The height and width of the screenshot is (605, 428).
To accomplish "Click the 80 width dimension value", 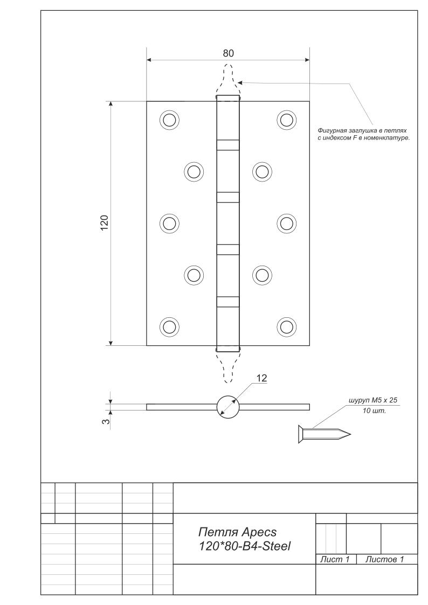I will [x=228, y=53].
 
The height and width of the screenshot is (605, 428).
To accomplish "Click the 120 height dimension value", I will [x=105, y=222].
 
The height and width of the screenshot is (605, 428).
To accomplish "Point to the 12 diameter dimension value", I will [x=261, y=378].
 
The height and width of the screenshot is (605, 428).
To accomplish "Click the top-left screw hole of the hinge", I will [x=169, y=120].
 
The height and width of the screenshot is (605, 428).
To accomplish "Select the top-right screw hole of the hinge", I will [x=286, y=120].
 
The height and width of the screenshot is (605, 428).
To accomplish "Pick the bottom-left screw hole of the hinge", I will [x=169, y=326].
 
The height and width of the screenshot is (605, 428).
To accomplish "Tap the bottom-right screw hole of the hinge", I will [x=286, y=326].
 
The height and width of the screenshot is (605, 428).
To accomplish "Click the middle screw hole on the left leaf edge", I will [x=169, y=222].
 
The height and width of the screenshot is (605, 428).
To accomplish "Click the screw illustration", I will [x=323, y=433].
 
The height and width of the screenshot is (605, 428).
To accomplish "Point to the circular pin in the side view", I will [x=227, y=406].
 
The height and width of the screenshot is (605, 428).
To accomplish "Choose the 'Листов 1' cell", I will [x=384, y=560].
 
